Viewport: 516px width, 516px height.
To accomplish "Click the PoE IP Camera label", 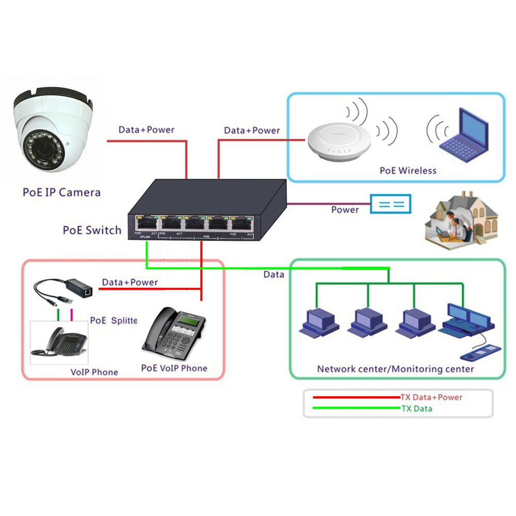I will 61,192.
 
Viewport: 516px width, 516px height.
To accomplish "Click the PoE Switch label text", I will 92,230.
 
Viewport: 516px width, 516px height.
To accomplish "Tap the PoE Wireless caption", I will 408,170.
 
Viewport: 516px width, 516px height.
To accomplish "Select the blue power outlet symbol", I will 391,204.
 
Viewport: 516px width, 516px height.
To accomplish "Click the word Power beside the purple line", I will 345,209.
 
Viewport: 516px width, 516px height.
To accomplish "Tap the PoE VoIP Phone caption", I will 174,368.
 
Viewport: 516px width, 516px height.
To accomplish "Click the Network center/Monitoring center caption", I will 395,369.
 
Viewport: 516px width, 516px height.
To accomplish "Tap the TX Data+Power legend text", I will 431,397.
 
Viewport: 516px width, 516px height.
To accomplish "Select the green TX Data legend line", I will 356,408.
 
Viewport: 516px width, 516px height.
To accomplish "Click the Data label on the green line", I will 273,275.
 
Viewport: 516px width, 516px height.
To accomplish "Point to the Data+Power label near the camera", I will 146,130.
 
